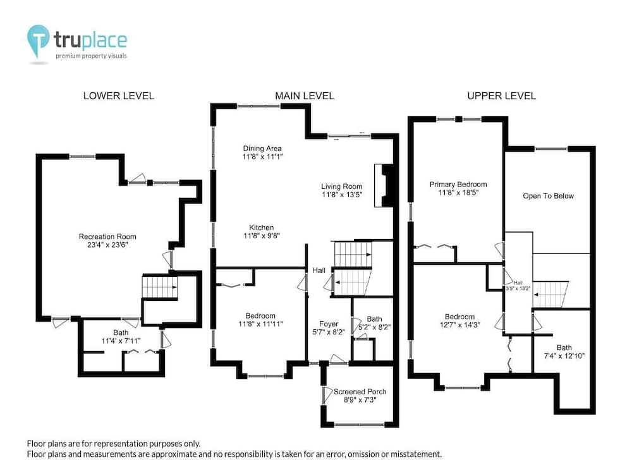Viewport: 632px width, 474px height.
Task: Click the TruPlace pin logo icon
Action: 38,40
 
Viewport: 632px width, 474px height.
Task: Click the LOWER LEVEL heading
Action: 119,96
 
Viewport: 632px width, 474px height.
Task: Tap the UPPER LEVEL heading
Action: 501,96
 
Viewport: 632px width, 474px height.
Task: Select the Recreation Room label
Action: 107,236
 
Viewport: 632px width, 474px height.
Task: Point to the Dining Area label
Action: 262,149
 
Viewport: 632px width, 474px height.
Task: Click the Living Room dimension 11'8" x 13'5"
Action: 342,195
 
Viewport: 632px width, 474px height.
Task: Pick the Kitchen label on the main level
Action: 261,228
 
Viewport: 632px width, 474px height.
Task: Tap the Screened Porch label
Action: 360,391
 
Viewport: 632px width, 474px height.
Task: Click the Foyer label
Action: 329,324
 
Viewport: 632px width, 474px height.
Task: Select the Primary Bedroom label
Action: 458,184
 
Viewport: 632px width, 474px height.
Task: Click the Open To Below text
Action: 548,196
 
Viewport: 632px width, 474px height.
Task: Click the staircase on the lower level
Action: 160,286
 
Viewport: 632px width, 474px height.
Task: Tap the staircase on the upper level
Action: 550,295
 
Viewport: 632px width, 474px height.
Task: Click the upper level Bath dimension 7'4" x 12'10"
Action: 564,356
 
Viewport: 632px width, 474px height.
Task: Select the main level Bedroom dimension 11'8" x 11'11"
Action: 260,324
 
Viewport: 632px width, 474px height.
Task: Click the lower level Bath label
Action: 121,332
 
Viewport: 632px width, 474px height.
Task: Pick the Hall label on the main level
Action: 319,270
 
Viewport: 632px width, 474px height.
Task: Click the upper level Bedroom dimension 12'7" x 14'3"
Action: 460,325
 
